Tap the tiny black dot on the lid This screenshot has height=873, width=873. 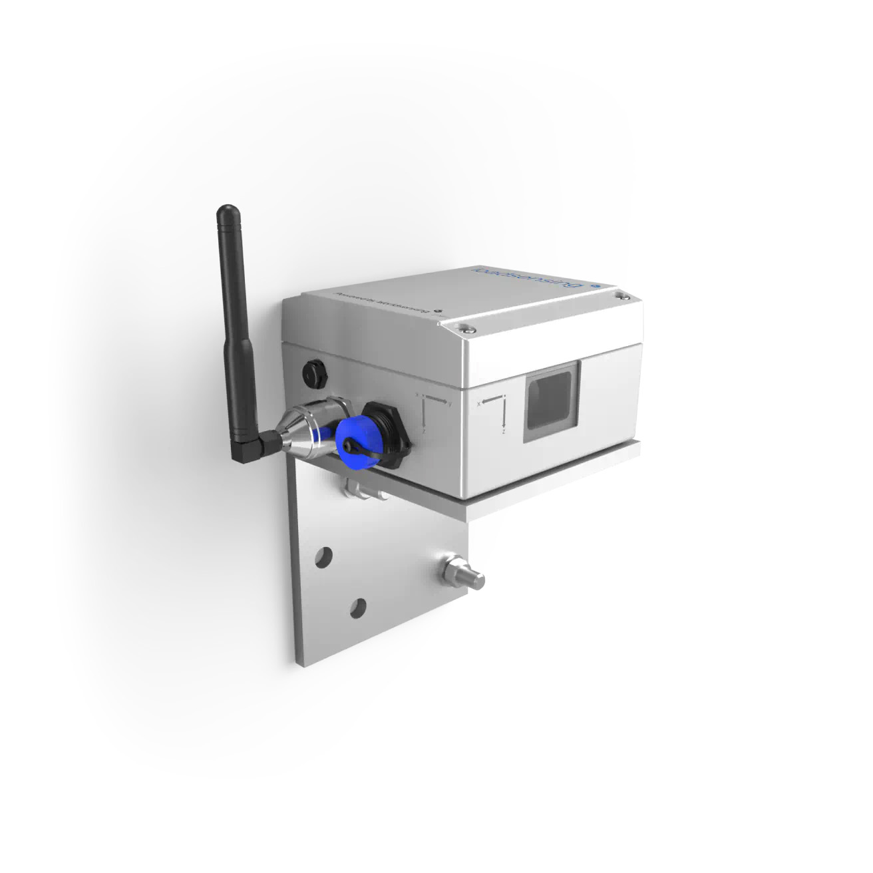point(437,309)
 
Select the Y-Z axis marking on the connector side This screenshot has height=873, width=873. point(432,413)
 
